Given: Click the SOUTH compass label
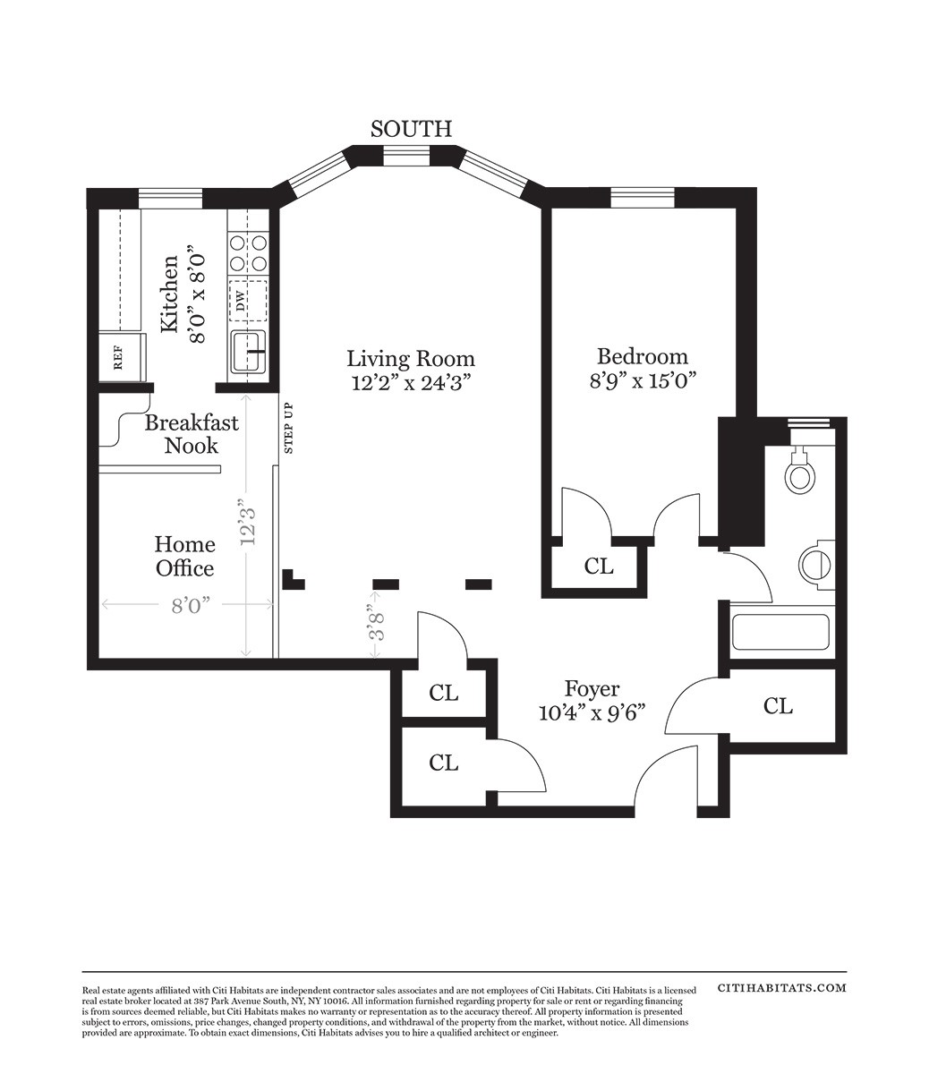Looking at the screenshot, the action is tap(411, 129).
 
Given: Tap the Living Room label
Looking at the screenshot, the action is tap(411, 359).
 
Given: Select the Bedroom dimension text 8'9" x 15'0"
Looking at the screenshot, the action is tap(643, 381).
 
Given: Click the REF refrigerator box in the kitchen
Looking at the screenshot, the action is tap(123, 358).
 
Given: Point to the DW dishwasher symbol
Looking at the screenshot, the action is tap(248, 301).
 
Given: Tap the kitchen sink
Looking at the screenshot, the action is tap(248, 351).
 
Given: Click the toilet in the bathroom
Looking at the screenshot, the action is tap(800, 470).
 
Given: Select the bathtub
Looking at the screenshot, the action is tap(780, 632).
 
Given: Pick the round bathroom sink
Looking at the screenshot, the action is tap(815, 563).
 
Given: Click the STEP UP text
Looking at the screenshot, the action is tap(289, 428).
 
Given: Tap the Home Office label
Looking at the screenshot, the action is tap(185, 557).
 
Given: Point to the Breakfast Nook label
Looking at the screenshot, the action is tap(192, 434).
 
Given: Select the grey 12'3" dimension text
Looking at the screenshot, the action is tap(248, 522).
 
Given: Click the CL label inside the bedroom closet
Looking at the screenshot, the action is tap(599, 567).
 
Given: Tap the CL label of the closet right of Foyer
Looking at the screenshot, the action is tap(778, 706).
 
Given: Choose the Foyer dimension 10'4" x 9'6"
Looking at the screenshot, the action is tap(592, 713).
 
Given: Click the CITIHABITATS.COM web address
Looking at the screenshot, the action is tap(782, 988).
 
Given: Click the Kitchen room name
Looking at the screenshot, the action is tap(169, 294).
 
